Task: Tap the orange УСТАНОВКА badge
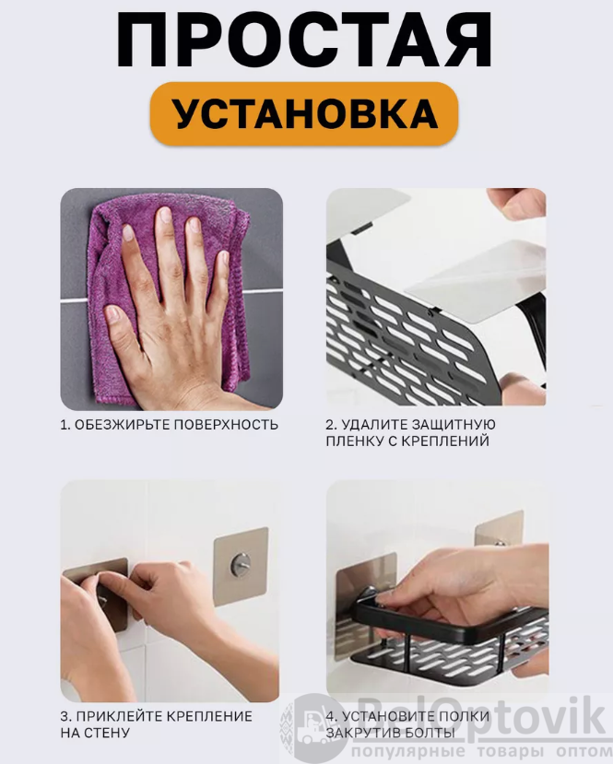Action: click(304, 114)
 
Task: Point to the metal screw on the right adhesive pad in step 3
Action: click(240, 563)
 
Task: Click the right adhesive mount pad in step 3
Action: click(242, 566)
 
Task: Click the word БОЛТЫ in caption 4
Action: click(431, 733)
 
